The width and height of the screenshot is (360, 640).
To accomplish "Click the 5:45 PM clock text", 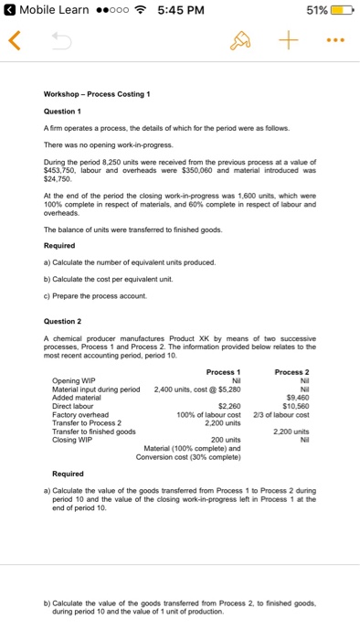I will tap(181, 11).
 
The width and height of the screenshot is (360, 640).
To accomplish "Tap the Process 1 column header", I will tap(223, 372).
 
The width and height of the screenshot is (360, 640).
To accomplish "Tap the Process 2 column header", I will tap(291, 372).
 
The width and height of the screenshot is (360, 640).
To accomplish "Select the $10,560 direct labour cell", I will tap(295, 405).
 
